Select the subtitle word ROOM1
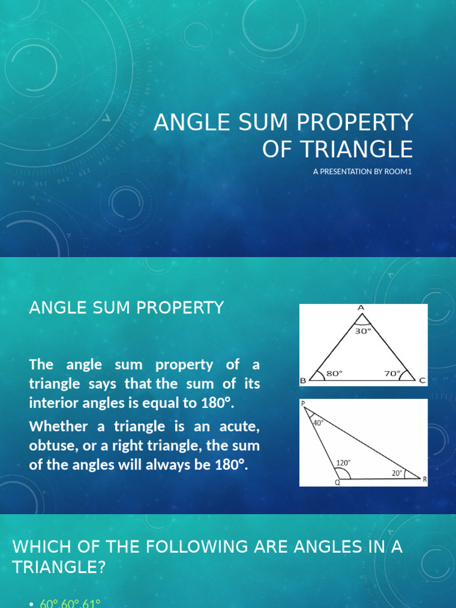pos(398,172)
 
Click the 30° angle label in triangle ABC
pos(363,331)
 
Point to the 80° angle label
pos(334,373)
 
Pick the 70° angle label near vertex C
pos(392,373)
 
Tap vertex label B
pos(303,381)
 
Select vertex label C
pos(423,381)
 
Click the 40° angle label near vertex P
pos(318,423)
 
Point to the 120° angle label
pos(344,463)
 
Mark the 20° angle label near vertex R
pos(397,473)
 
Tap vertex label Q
pos(337,483)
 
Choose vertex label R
pos(425,479)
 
